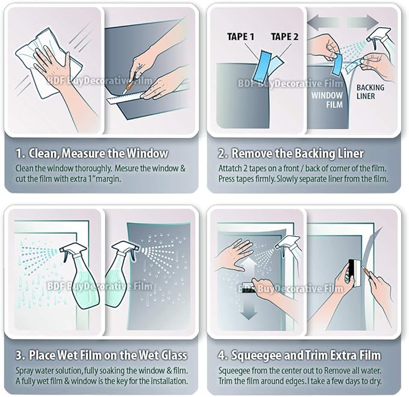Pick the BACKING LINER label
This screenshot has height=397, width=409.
point(370,92)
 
